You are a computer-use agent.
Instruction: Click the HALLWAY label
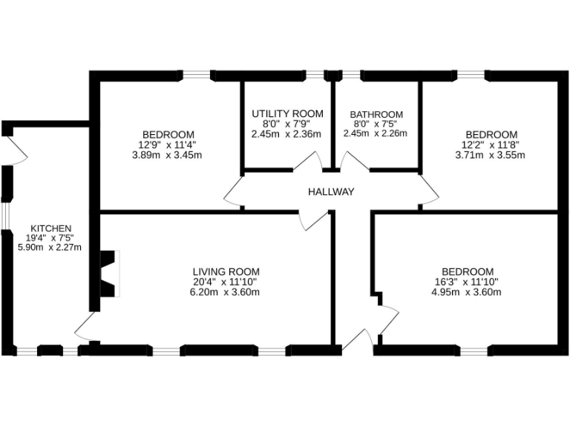tap(331, 192)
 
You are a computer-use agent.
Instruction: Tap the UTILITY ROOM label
tap(287, 113)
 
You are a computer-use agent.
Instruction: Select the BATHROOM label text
tap(376, 114)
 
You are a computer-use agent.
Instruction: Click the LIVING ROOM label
tap(226, 272)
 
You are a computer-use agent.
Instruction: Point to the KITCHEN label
tap(50, 228)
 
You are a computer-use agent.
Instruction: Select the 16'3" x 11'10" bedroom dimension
tap(467, 282)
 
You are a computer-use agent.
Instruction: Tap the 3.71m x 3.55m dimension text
tap(489, 155)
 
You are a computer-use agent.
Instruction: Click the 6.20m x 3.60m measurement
tap(226, 292)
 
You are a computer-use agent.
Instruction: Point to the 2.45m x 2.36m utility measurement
tap(287, 134)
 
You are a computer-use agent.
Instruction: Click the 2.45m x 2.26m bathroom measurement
tap(376, 133)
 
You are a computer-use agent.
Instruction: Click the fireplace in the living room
tap(109, 274)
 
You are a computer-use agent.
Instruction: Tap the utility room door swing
tap(307, 162)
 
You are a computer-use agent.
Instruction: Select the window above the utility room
tap(316, 74)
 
